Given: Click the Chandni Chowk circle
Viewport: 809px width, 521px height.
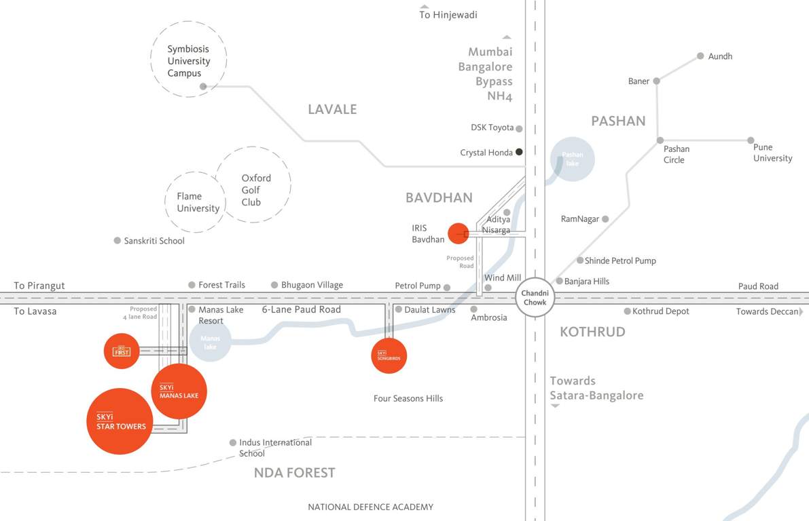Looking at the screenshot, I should click(535, 298).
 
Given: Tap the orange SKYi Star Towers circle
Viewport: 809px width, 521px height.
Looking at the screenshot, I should click(120, 421).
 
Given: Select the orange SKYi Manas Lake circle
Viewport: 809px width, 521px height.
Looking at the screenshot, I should click(179, 391).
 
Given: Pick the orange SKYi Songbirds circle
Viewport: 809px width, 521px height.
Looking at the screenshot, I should click(389, 355).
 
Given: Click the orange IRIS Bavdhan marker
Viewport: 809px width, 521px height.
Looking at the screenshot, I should click(458, 233).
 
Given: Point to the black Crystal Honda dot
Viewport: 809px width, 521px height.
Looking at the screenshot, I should click(519, 152).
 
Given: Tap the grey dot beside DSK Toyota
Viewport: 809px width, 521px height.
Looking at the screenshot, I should click(519, 128).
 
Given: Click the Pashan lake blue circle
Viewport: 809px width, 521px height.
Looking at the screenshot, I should click(572, 159).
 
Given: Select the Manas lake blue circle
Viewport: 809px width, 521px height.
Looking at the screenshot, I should click(210, 341).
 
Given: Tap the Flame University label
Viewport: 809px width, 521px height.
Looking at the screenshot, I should click(198, 202).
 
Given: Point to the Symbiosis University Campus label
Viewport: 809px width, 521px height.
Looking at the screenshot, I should click(188, 61).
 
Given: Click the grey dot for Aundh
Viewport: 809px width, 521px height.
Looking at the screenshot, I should click(700, 56).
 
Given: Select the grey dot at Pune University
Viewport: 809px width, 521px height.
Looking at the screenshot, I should click(751, 140).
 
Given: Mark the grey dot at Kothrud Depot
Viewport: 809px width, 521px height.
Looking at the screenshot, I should click(627, 311).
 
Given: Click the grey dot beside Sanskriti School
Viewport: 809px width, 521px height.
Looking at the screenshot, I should click(118, 241).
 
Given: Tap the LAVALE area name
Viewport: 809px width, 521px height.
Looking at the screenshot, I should click(332, 109).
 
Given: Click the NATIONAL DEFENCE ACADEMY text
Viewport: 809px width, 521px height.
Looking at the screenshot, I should click(370, 507).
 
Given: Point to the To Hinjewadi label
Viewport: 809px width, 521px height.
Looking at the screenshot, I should click(448, 15).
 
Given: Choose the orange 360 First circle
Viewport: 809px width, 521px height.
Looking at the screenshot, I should click(122, 351).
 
